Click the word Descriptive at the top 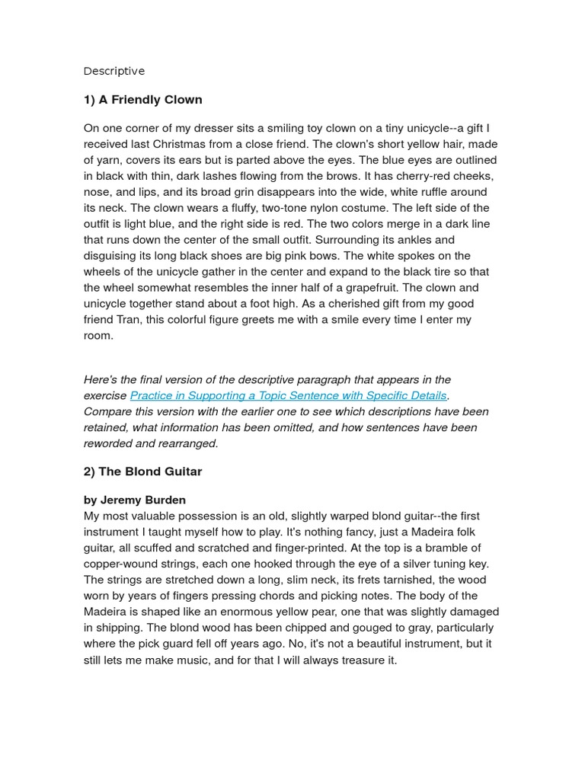(113, 71)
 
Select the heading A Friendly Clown (142, 100)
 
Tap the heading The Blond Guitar (142, 472)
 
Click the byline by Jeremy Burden (134, 500)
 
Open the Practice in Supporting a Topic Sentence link (288, 395)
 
